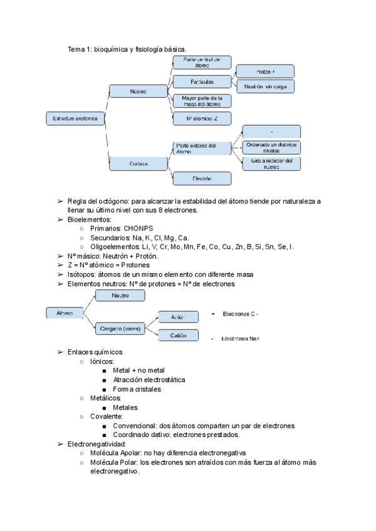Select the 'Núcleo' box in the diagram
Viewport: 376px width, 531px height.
[x=138, y=91]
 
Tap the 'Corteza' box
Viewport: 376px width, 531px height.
[x=138, y=164]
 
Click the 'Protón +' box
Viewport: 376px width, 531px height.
[x=265, y=71]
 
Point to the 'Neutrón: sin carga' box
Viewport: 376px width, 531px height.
[x=265, y=86]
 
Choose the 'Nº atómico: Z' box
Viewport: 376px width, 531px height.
[x=202, y=118]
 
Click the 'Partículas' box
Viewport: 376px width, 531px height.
[x=202, y=82]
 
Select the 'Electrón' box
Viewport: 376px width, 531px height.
[x=202, y=178]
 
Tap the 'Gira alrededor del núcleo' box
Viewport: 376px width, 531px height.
[x=271, y=164]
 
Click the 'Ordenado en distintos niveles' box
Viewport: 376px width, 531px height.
[x=271, y=148]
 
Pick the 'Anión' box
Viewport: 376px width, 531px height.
[x=178, y=317]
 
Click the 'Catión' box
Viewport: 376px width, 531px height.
[x=178, y=336]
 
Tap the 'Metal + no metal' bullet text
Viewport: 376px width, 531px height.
[x=139, y=371]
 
